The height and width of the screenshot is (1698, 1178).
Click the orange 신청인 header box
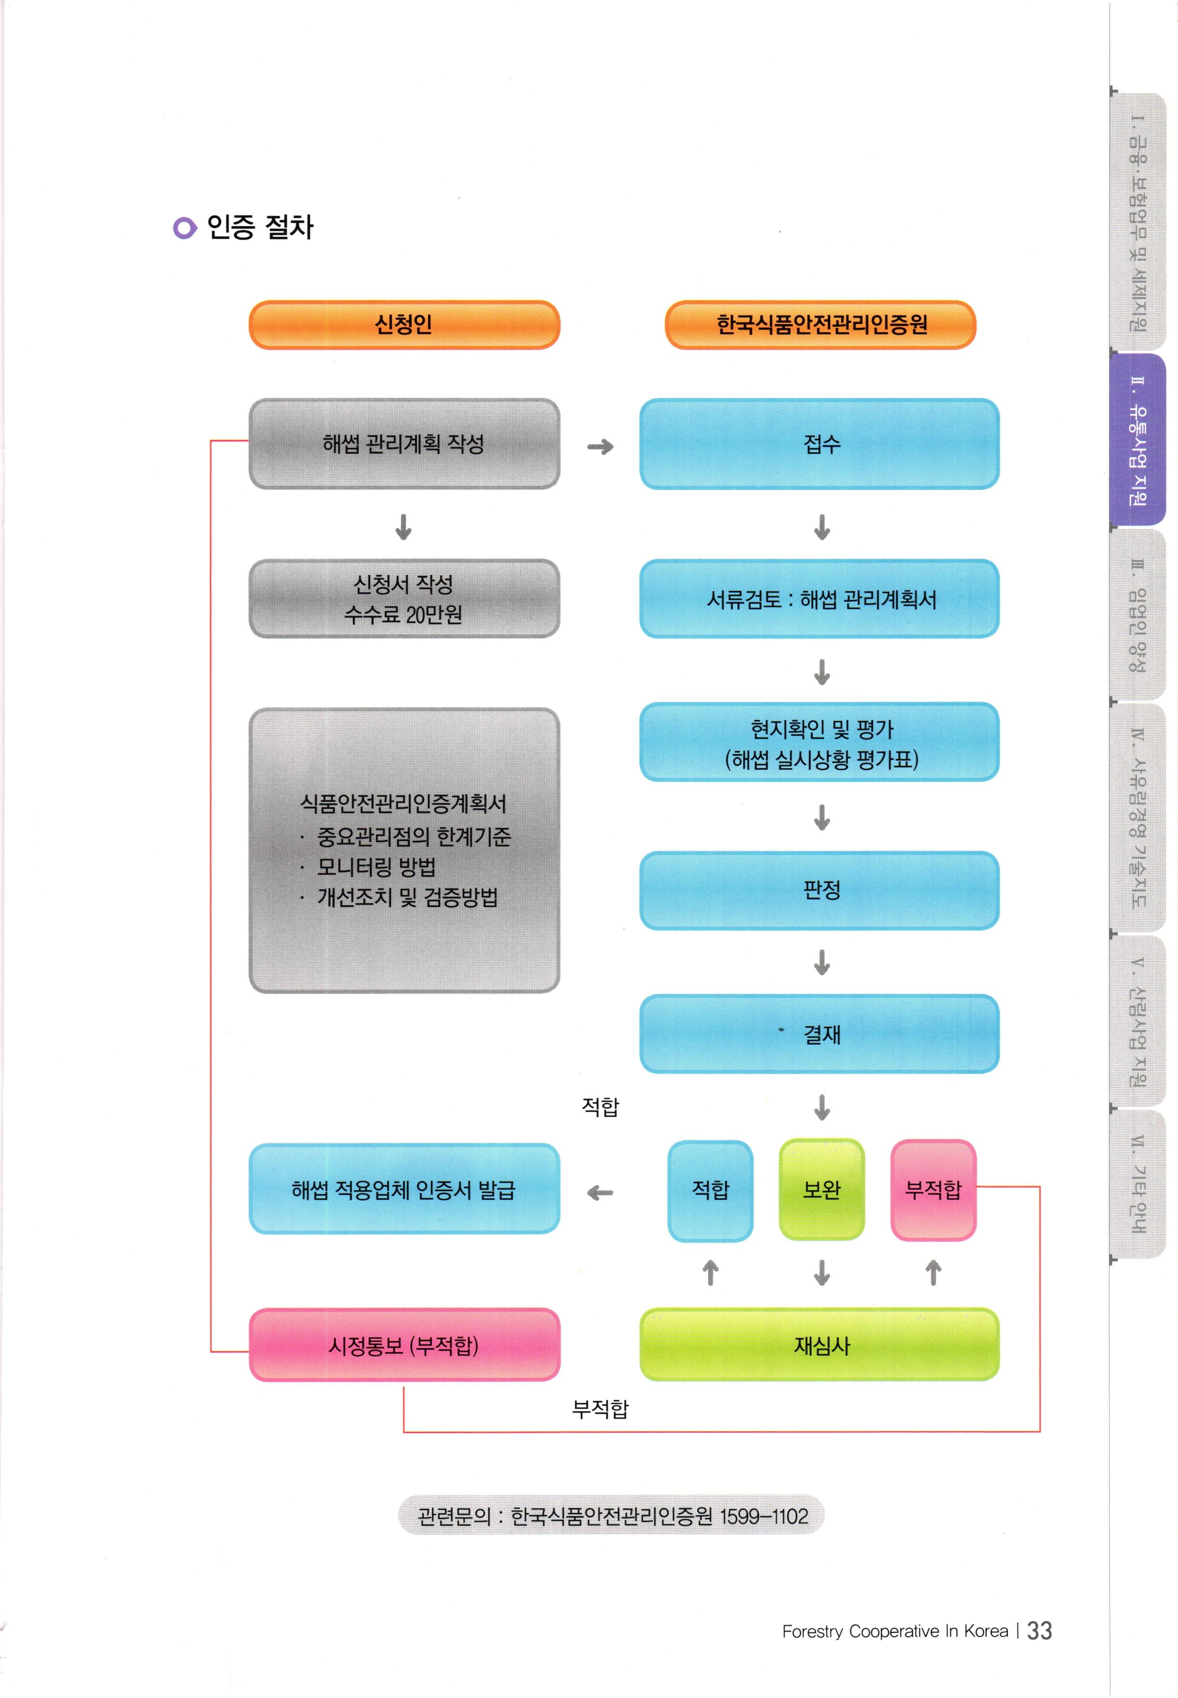tap(404, 325)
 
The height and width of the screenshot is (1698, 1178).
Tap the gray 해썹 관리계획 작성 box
tap(404, 444)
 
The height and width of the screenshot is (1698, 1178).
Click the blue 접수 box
tap(819, 444)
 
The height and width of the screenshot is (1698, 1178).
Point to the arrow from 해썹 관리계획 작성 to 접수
tap(600, 447)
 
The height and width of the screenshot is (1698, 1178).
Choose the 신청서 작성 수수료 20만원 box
tap(404, 599)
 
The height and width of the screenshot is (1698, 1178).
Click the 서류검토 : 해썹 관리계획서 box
tap(819, 599)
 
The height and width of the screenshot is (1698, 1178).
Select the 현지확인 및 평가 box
tap(819, 743)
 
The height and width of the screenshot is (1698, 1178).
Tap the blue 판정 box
tap(819, 890)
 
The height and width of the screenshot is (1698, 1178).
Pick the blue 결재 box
tap(819, 1033)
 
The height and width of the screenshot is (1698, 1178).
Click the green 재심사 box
tap(819, 1345)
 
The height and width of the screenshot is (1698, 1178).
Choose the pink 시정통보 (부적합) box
tap(404, 1345)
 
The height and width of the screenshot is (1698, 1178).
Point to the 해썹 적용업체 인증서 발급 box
tap(404, 1189)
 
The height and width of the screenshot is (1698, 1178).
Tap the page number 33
tap(1039, 1630)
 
